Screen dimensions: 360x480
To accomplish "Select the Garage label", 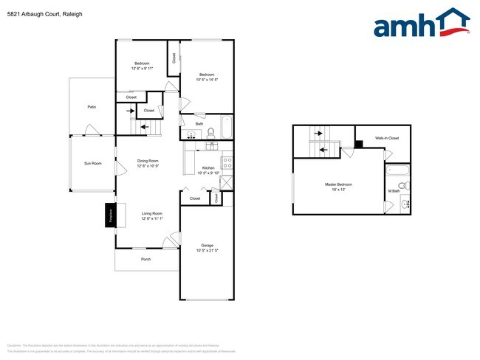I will (x=207, y=246).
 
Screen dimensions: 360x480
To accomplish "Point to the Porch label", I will (x=146, y=259).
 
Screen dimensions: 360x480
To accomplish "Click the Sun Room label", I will (x=92, y=163).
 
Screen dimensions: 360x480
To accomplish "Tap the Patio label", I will (x=92, y=107).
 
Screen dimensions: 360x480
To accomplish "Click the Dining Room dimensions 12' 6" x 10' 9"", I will (x=148, y=166).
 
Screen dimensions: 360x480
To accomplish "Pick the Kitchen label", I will (x=208, y=168).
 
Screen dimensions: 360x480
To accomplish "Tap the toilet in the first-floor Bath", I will (x=210, y=134).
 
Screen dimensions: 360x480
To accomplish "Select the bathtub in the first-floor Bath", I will (x=226, y=127).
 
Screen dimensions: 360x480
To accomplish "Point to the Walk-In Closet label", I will (x=386, y=138).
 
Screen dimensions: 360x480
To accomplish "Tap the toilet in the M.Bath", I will (x=405, y=185).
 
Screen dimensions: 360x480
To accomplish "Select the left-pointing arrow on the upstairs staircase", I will (x=323, y=150).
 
